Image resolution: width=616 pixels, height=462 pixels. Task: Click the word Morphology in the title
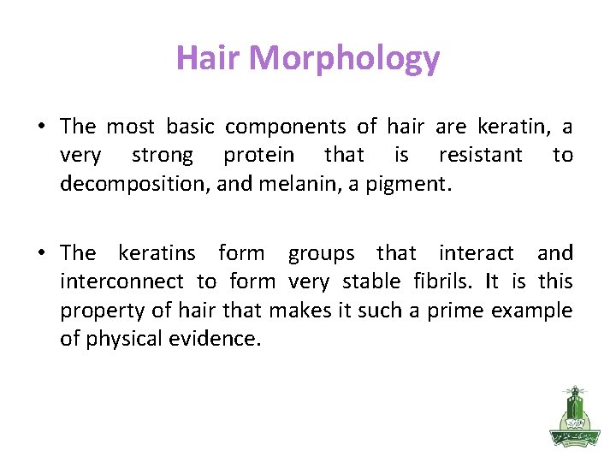[x=346, y=59]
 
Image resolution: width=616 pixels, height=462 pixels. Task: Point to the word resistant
[x=480, y=155]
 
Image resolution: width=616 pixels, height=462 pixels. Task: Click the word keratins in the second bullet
[x=157, y=253]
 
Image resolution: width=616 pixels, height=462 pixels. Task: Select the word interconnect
[x=121, y=281]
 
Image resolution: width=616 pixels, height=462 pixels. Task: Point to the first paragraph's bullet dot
[x=41, y=127]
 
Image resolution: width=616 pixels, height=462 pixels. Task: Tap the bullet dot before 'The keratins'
[x=41, y=253]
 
